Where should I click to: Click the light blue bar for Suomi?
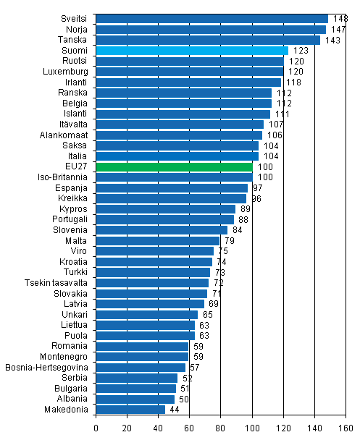[192, 51]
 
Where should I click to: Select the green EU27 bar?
[174, 166]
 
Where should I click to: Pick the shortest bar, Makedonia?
[130, 409]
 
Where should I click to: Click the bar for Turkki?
[153, 272]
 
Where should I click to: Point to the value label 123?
[300, 51]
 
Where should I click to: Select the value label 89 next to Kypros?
[246, 208]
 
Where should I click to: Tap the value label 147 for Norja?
[338, 30]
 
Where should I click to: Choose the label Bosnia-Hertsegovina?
[47, 367]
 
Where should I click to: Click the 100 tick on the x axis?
[252, 428]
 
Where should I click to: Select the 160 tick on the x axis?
[346, 428]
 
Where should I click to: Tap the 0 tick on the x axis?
[96, 428]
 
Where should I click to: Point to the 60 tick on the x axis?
[190, 428]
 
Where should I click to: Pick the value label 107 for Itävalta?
[276, 124]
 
